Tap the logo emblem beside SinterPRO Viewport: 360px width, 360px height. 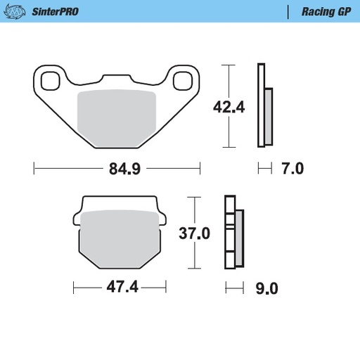pos(18,12)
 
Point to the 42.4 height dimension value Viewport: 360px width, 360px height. pos(229,107)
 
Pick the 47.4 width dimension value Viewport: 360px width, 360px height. pos(119,287)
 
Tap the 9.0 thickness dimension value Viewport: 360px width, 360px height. pos(268,287)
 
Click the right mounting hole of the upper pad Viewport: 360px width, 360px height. pos(184,80)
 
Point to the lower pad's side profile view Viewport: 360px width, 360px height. pos(233,233)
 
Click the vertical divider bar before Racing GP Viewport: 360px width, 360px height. pos(288,12)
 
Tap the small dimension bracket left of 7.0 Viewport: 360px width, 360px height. pos(264,169)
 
